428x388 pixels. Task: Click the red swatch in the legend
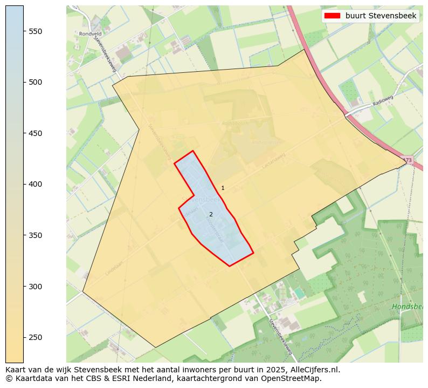click(x=332, y=16)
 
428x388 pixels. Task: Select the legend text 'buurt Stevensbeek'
click(x=381, y=16)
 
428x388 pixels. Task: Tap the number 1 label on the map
click(x=223, y=188)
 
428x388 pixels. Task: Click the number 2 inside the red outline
click(x=211, y=214)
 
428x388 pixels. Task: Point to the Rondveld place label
click(x=86, y=33)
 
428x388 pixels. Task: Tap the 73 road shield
click(x=408, y=160)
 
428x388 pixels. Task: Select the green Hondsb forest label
click(x=407, y=307)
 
